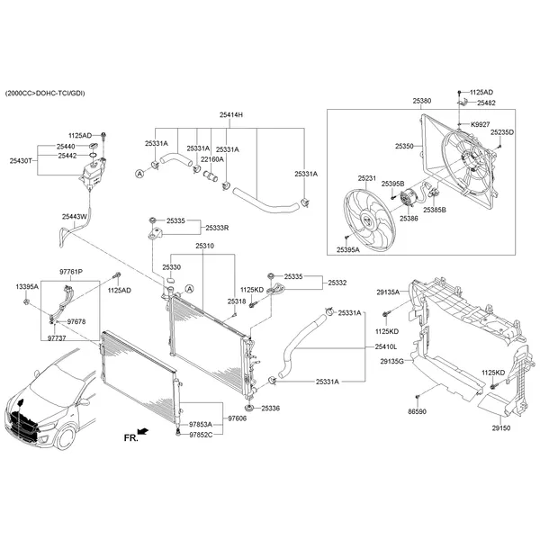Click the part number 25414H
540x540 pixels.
click(x=231, y=115)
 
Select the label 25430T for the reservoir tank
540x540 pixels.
click(x=22, y=160)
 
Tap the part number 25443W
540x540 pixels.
click(x=75, y=217)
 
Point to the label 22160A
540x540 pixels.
click(x=211, y=159)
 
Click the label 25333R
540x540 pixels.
click(x=216, y=229)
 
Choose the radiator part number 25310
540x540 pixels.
click(x=204, y=246)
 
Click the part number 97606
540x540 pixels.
click(x=237, y=418)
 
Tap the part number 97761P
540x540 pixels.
click(x=71, y=271)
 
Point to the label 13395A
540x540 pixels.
click(x=27, y=286)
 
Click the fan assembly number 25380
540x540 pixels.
click(x=422, y=101)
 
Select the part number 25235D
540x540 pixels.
click(x=502, y=132)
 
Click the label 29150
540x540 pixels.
click(x=500, y=427)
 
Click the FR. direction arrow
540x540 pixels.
click(x=136, y=435)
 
